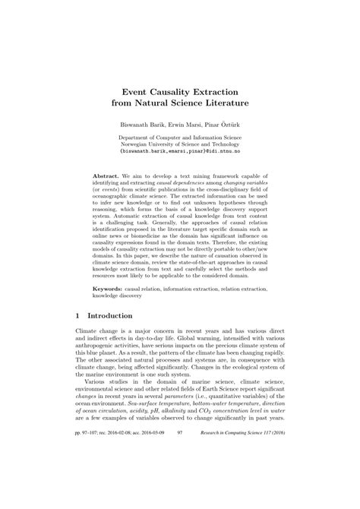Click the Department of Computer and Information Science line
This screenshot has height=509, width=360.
tap(179, 137)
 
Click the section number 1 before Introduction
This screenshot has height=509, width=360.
tap(78, 315)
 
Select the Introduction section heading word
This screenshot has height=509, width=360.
tap(109, 315)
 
